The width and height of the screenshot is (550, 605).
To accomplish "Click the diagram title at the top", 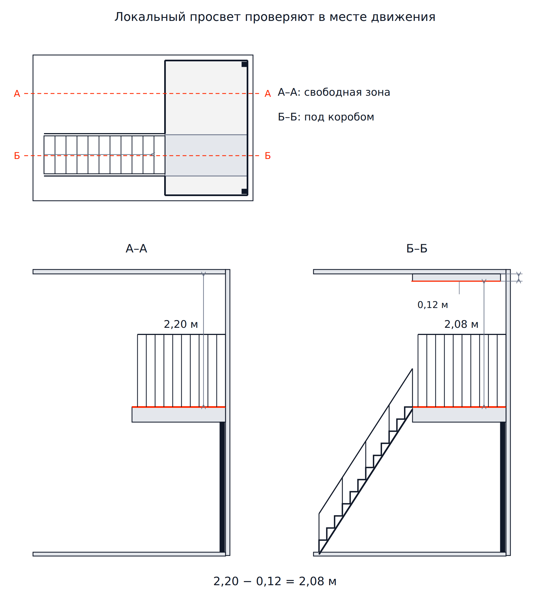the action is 275,17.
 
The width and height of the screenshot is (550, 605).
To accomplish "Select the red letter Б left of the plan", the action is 17,156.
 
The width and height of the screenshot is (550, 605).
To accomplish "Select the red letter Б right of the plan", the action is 268,156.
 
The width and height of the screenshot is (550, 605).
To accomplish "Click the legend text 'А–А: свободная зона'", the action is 334,92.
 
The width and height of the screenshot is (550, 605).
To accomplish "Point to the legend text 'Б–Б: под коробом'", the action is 326,117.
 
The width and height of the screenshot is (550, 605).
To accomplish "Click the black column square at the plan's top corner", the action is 244,64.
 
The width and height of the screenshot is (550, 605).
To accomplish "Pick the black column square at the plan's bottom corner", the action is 244,191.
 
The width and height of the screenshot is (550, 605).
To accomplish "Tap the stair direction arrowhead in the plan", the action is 152,155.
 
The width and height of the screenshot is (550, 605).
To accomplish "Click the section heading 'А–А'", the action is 136,249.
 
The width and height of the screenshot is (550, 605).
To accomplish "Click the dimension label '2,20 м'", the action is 181,324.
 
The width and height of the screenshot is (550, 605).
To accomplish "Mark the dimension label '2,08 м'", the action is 461,324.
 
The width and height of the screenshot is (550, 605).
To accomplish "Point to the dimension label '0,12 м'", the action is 433,305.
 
